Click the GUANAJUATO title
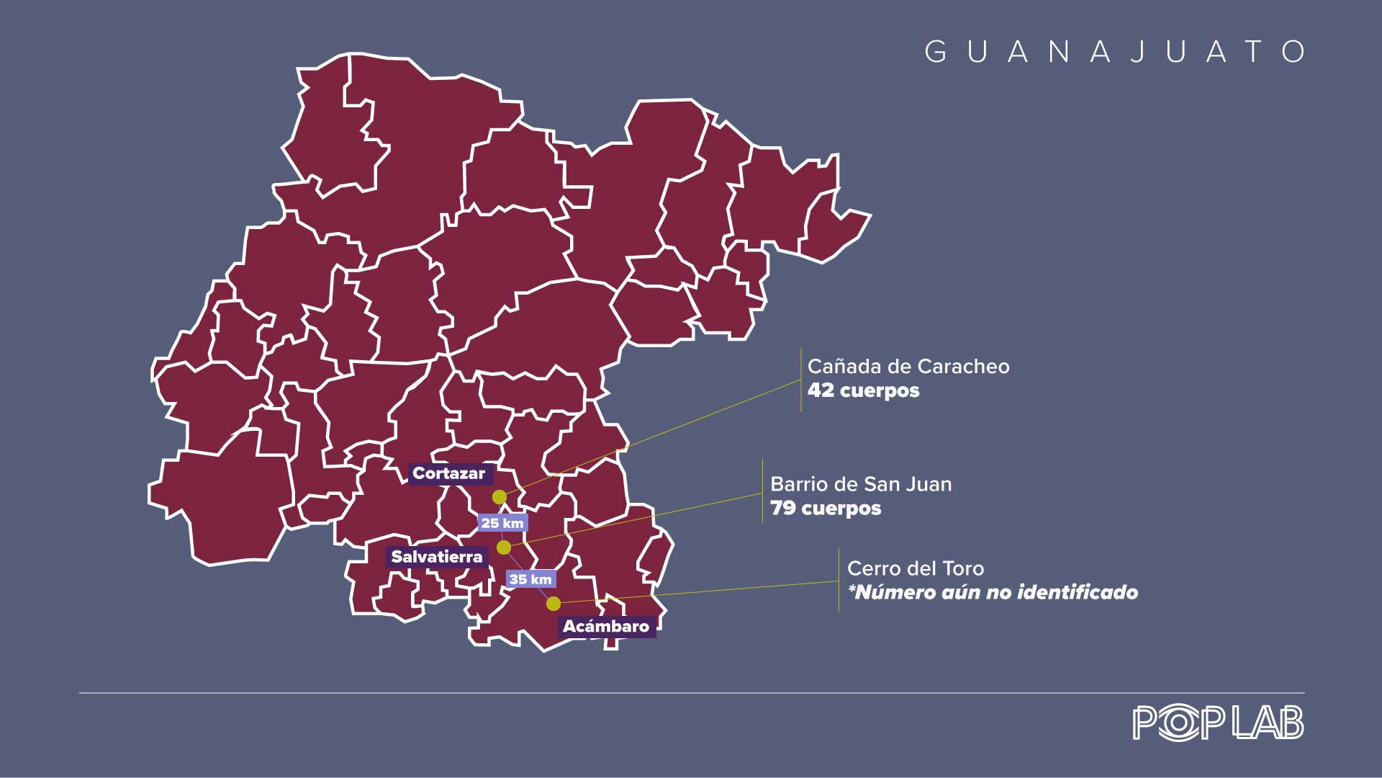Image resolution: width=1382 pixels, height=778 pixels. tap(1114, 52)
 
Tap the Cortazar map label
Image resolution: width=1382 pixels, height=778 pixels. tap(449, 473)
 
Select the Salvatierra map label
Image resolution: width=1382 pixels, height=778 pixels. tap(437, 557)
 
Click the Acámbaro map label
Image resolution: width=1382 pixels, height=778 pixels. tap(606, 626)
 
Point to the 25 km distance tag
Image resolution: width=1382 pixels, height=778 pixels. tap(502, 523)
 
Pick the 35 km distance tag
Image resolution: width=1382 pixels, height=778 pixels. tap(530, 579)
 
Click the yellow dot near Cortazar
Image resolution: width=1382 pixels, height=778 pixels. tap(500, 497)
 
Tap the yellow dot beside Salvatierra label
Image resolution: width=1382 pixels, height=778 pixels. tap(504, 547)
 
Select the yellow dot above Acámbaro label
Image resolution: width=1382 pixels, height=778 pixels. tap(553, 603)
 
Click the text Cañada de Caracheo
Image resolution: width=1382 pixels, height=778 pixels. tap(908, 367)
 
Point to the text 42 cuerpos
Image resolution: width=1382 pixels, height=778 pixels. tap(863, 390)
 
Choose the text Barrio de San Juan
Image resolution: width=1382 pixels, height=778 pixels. tap(861, 484)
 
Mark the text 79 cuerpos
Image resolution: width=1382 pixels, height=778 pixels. tap(826, 508)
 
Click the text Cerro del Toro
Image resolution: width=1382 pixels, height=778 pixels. tap(916, 568)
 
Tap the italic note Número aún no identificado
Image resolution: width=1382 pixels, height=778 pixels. tap(993, 593)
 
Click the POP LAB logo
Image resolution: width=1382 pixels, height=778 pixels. tap(1218, 723)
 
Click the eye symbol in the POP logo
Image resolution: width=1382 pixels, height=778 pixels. tap(1178, 723)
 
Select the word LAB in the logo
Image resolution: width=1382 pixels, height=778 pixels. tap(1268, 723)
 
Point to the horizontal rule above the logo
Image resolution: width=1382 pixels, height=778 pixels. tap(691, 693)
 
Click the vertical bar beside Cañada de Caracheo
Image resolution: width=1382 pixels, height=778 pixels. tap(801, 380)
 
